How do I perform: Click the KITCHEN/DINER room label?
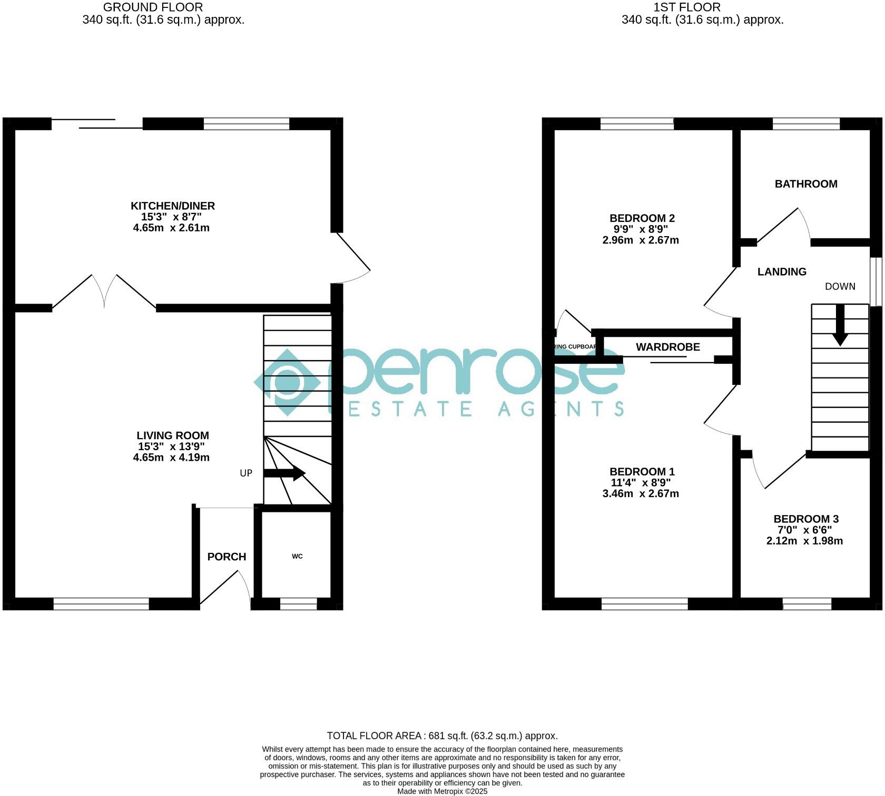[x=173, y=206]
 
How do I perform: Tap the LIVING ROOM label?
[x=173, y=435]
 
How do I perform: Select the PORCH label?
[x=227, y=557]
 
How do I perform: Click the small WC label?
[x=297, y=557]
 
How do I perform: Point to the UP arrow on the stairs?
[x=284, y=473]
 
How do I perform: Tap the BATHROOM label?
[x=805, y=184]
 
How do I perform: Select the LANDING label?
[x=782, y=271]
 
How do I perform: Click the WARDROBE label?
[x=667, y=347]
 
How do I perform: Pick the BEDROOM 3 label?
[x=805, y=519]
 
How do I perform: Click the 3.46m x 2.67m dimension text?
[x=640, y=494]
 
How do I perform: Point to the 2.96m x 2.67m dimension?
[x=640, y=240]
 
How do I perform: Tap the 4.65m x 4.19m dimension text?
[x=171, y=458]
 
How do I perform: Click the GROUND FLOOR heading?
[x=153, y=7]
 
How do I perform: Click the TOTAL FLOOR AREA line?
[x=442, y=735]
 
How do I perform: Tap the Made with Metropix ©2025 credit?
[x=442, y=791]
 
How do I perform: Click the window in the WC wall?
[x=298, y=604]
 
